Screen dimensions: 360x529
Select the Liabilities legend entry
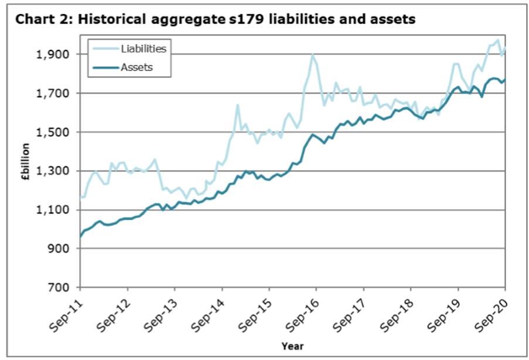point(143,49)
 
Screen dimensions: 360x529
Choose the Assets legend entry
point(136,67)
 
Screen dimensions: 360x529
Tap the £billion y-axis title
point(25,170)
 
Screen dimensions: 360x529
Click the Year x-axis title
point(292,346)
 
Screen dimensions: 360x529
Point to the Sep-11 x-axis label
point(69,311)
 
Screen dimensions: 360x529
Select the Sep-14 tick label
point(211,311)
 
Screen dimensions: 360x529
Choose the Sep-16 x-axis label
point(305,311)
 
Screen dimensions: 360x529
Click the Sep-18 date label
point(400,311)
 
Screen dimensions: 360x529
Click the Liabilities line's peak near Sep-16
point(313,55)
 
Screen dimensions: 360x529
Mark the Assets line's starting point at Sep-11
point(80,237)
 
